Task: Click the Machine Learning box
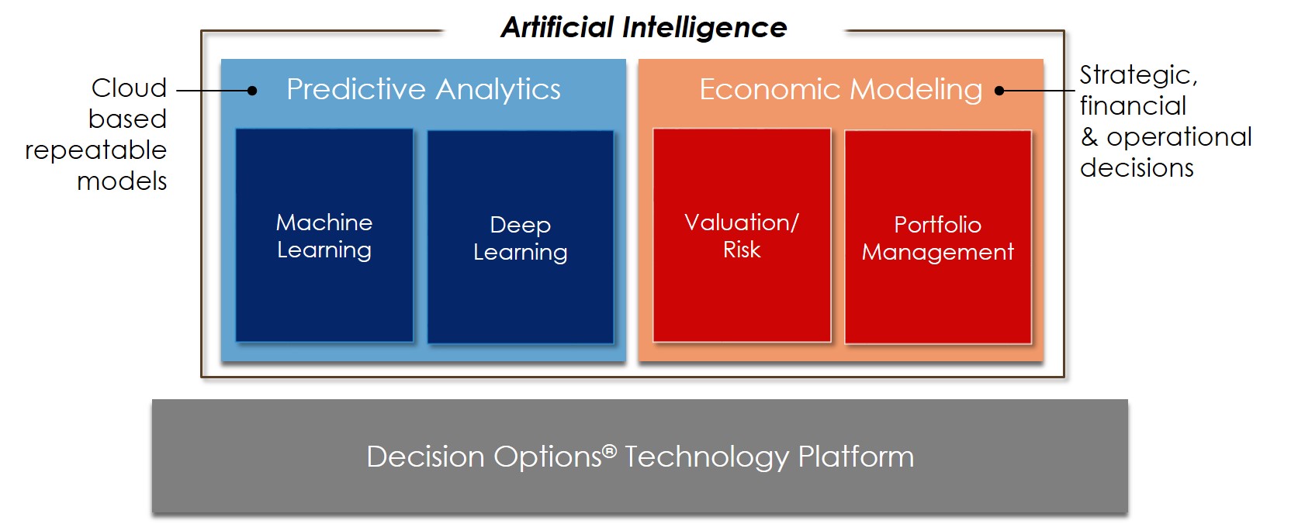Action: [x=324, y=235]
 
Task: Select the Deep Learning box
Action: [x=521, y=237]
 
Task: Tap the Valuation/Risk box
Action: [x=742, y=235]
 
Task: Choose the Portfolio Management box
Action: [x=937, y=237]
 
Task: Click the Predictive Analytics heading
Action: [x=424, y=89]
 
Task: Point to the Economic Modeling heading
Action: [x=841, y=89]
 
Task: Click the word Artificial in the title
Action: [x=557, y=27]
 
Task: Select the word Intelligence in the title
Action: [x=704, y=28]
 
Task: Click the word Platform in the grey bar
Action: [x=856, y=457]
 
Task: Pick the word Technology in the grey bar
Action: [x=707, y=457]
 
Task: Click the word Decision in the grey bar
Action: [x=425, y=457]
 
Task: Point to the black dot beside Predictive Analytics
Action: [x=252, y=91]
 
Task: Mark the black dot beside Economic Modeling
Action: [x=999, y=91]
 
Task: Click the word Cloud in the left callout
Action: [x=130, y=88]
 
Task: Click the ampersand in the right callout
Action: [x=1089, y=137]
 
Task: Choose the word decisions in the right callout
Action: [x=1137, y=168]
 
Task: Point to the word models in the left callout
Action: [x=123, y=181]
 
